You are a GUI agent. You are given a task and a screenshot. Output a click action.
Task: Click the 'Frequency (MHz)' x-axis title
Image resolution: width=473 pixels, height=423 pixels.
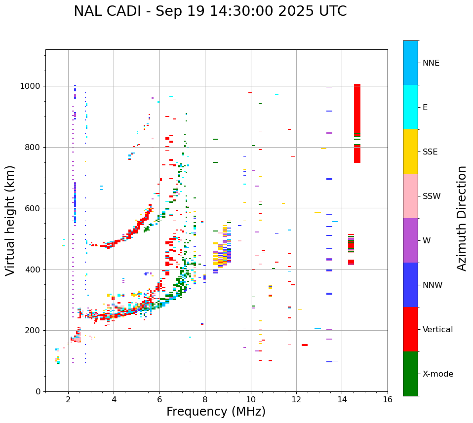(216, 412)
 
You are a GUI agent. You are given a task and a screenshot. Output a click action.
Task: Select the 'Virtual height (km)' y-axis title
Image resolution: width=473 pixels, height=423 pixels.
(10, 221)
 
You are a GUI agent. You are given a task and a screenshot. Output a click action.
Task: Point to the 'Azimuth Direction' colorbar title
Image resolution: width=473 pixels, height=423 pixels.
(462, 218)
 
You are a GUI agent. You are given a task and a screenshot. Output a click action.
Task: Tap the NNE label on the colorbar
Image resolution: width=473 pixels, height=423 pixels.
(431, 63)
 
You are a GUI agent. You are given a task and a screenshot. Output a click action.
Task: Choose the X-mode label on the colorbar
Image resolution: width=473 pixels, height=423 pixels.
(438, 374)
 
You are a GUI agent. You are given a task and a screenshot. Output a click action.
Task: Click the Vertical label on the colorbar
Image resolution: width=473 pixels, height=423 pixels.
(437, 330)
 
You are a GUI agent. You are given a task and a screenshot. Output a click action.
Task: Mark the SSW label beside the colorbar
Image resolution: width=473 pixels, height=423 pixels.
(431, 196)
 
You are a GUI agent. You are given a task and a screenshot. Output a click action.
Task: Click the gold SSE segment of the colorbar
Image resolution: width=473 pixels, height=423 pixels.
(410, 152)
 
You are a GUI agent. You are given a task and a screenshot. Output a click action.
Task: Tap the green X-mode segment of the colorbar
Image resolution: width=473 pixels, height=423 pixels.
(410, 374)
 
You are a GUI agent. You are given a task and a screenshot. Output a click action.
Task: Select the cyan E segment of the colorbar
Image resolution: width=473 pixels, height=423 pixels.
(410, 107)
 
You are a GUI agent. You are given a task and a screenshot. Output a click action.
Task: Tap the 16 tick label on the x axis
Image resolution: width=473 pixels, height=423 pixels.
(388, 400)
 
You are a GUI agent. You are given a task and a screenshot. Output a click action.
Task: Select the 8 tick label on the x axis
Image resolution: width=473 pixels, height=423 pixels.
(205, 400)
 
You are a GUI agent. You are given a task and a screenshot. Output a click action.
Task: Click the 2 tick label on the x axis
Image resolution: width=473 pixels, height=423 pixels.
(68, 400)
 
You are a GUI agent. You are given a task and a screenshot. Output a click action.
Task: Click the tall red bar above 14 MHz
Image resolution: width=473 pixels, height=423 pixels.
(357, 123)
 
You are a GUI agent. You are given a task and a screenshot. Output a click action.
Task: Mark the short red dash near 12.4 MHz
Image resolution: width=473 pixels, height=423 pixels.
(305, 345)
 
